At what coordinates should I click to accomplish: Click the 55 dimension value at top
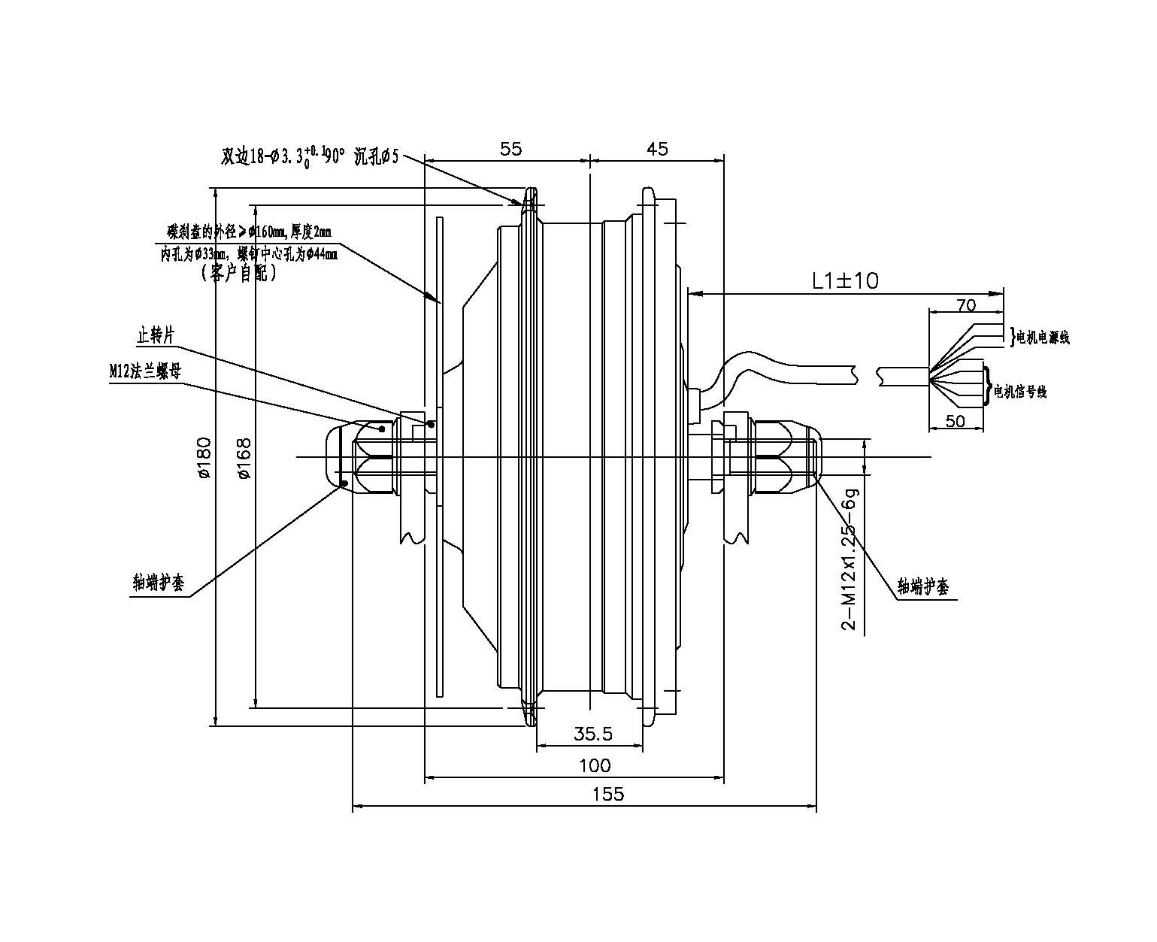(x=510, y=149)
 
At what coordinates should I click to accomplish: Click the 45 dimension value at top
(x=656, y=149)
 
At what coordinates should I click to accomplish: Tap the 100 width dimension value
(x=595, y=766)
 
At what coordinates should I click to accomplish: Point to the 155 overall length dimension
(x=607, y=794)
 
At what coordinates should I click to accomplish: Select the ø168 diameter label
(x=243, y=458)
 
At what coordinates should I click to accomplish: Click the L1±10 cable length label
(x=845, y=281)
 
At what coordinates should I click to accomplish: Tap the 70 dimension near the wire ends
(x=965, y=304)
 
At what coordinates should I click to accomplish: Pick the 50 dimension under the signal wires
(x=955, y=421)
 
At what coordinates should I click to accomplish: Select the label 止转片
(x=156, y=335)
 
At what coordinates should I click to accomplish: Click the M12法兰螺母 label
(x=144, y=371)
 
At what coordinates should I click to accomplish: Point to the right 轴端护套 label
(x=923, y=587)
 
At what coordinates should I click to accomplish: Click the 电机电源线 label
(x=1043, y=338)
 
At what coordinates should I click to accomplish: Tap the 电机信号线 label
(x=1020, y=392)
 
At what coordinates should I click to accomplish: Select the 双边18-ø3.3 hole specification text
(x=304, y=156)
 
